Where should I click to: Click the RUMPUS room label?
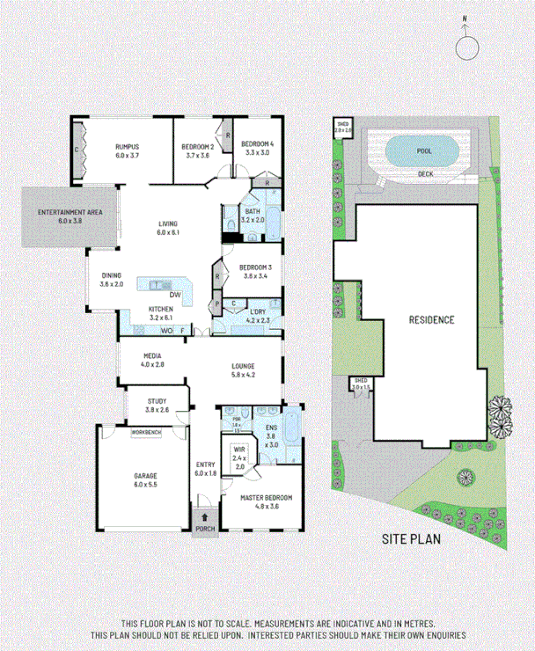[x=128, y=146]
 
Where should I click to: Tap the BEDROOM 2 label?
[x=198, y=146]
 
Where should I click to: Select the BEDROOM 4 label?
[x=259, y=143]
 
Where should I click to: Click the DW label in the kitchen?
[x=175, y=294]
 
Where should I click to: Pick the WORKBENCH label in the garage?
[x=145, y=434]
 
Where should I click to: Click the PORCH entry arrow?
[x=205, y=517]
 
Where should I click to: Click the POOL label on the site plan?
[x=423, y=150]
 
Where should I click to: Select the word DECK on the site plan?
[x=425, y=173]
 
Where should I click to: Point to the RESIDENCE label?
[x=431, y=319]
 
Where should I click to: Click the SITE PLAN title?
[x=410, y=539]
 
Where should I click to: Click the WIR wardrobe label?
[x=238, y=449]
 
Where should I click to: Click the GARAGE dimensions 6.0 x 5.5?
[x=145, y=484]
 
